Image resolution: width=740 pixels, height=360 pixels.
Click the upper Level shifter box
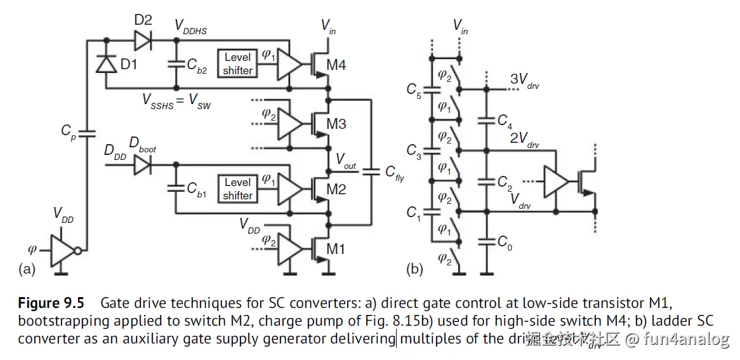[x=238, y=64]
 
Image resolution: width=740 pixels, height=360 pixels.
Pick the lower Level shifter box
[x=238, y=189]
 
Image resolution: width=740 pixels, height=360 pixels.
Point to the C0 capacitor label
[x=505, y=242]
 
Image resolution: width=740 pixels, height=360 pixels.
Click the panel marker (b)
[x=414, y=269]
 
